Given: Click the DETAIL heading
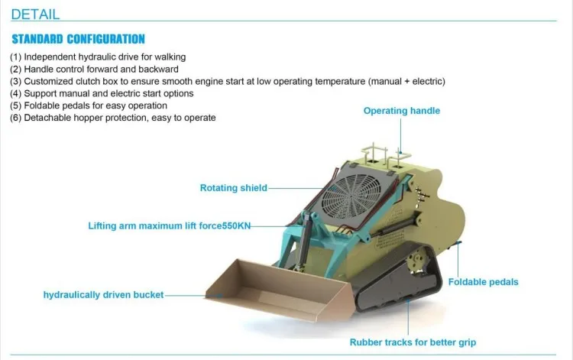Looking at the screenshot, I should pos(35,15).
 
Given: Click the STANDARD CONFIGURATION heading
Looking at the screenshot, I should pos(78,39).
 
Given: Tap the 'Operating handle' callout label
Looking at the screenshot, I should pos(401,111).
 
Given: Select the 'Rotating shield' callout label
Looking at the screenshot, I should pos(234,188).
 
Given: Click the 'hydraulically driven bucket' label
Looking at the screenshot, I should pos(103,294).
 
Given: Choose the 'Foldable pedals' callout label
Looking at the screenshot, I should pos(483,282).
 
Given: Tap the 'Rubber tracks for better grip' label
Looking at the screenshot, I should pos(413,342).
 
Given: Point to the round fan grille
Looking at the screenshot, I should pos(352,195).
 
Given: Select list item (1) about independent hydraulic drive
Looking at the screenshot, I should pos(98,57).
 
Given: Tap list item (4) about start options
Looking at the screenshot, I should pos(101,93).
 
